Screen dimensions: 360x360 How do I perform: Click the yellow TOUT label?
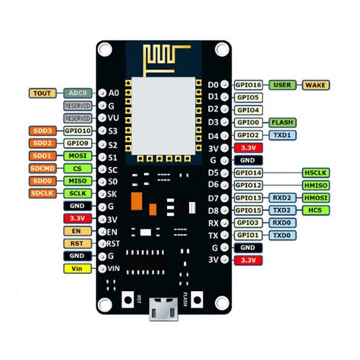[41, 93]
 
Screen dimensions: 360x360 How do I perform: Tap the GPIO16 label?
[249, 85]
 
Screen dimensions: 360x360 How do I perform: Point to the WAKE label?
[316, 85]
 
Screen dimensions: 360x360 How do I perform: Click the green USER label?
[283, 85]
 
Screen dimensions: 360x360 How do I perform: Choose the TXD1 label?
[282, 134]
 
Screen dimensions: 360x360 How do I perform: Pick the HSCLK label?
[315, 173]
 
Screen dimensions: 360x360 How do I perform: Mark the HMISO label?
[315, 185]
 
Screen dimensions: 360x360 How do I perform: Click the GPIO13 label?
[249, 197]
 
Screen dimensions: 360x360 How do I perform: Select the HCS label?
[315, 210]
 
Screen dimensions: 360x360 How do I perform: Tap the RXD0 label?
[282, 223]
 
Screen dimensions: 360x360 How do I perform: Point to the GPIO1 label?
[249, 235]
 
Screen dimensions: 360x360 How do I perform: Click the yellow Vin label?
[77, 268]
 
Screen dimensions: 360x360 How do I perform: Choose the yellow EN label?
[77, 230]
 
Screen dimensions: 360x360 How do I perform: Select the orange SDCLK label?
[43, 193]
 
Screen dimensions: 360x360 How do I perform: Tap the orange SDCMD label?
[43, 168]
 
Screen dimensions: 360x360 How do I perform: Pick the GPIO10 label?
[78, 131]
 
